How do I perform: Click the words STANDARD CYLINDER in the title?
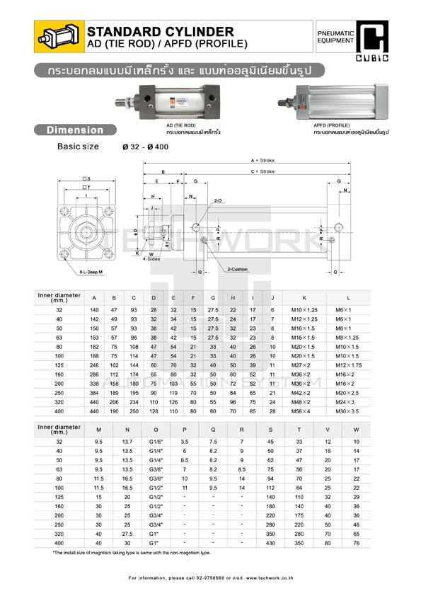[159, 32]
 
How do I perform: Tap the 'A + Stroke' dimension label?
[262, 161]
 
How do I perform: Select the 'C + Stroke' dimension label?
[262, 171]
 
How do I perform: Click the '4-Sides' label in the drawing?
[151, 259]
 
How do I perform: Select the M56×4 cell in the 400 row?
[304, 411]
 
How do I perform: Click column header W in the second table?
[356, 430]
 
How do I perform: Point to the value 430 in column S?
[270, 544]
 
